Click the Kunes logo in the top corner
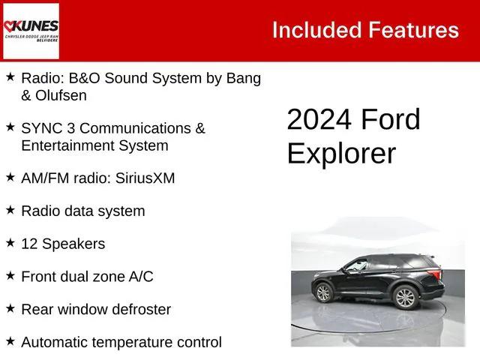point(31,31)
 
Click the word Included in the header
point(316,30)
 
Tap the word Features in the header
point(413,30)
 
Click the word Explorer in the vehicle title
point(341,153)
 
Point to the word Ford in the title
point(391,120)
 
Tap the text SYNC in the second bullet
point(43,128)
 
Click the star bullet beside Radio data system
point(10,210)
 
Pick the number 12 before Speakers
point(29,244)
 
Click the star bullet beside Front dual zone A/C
point(10,275)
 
